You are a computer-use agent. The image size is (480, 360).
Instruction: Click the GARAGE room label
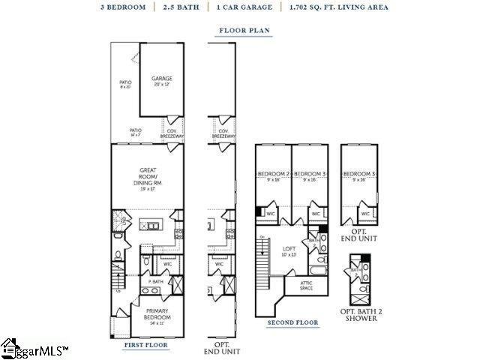pos(162,79)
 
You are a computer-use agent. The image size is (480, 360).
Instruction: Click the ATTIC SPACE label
pos(302,285)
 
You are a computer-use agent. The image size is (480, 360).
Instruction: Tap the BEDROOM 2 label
pos(273,175)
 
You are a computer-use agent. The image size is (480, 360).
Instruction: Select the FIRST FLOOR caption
pos(145,344)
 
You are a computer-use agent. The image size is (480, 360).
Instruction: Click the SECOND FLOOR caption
pos(292,322)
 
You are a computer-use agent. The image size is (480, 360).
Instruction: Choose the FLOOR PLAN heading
pos(244,31)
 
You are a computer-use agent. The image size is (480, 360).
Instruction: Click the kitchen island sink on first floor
pos(153,224)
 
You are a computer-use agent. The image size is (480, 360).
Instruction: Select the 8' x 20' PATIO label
pos(125,84)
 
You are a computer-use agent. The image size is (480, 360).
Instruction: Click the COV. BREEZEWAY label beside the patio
pos(173,133)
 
